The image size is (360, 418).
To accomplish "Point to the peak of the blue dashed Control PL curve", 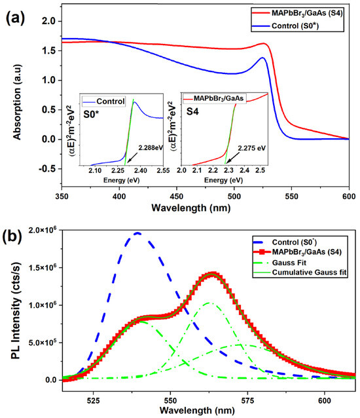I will coord(137,233).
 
